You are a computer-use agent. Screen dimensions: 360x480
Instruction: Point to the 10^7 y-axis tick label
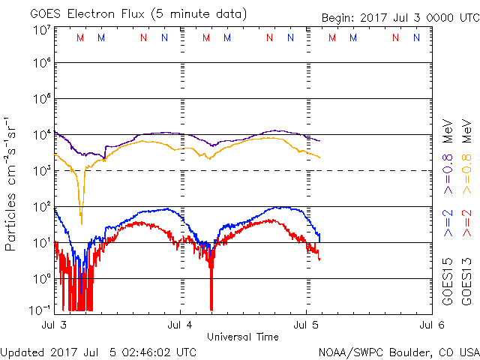(40, 30)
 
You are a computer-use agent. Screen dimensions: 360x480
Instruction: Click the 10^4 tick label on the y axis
(40, 135)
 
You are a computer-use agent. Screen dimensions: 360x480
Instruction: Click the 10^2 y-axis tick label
(40, 206)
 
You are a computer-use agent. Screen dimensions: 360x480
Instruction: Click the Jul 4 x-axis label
(181, 325)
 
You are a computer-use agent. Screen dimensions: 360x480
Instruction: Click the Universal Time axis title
(243, 337)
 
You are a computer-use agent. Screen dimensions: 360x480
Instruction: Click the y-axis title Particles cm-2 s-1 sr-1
(13, 184)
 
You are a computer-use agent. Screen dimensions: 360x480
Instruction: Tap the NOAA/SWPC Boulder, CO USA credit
(398, 351)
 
